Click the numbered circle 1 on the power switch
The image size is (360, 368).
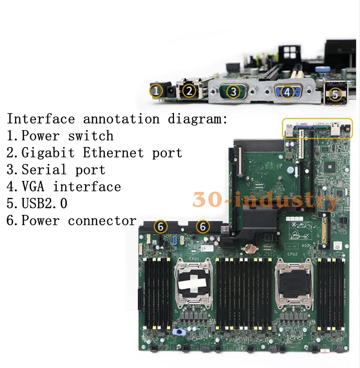click(156, 91)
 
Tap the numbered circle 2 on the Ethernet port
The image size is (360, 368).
click(189, 91)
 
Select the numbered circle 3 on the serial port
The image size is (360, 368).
click(233, 92)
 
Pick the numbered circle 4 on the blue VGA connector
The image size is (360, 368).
click(287, 92)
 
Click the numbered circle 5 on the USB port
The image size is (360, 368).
click(334, 95)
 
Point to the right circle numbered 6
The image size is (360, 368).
click(203, 226)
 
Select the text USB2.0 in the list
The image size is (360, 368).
click(45, 204)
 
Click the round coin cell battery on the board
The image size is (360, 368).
click(248, 247)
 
